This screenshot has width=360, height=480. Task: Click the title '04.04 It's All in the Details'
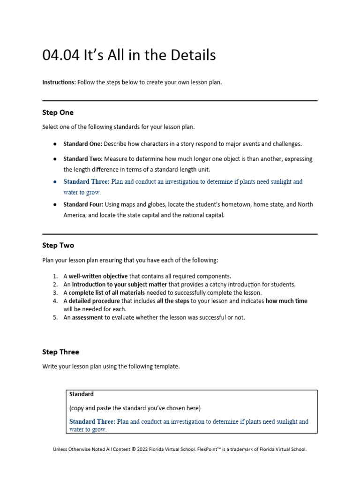click(129, 55)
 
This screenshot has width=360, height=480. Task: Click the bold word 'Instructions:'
click(59, 82)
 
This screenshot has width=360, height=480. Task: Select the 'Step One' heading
click(58, 112)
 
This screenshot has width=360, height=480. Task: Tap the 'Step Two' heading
click(58, 245)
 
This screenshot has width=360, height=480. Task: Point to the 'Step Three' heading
click(60, 352)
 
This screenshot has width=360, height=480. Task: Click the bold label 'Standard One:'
click(82, 144)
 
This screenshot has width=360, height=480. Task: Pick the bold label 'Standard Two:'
click(82, 159)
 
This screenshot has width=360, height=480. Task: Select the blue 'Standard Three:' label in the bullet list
click(86, 181)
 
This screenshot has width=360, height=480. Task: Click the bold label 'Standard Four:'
click(83, 204)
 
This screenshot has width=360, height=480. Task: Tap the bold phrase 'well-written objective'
click(98, 276)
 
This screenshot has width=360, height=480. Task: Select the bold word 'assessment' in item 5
click(87, 317)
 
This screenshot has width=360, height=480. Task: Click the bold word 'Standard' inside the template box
click(82, 394)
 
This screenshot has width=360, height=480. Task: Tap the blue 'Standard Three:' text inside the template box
click(92, 421)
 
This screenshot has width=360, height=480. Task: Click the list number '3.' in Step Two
click(55, 293)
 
